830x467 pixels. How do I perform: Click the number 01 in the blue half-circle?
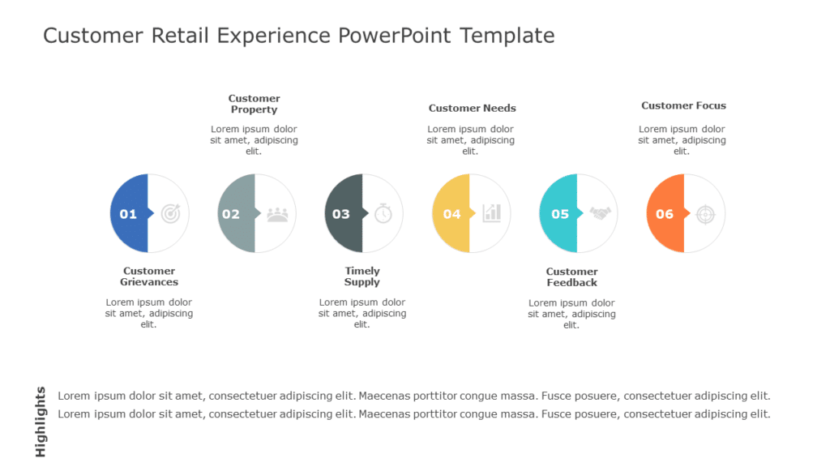pyautogui.click(x=128, y=214)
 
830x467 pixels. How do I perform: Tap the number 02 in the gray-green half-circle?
pyautogui.click(x=231, y=214)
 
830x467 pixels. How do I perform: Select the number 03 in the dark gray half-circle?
pyautogui.click(x=341, y=214)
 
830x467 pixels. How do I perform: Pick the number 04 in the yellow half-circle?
pyautogui.click(x=451, y=214)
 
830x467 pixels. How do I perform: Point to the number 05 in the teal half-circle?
pyautogui.click(x=560, y=214)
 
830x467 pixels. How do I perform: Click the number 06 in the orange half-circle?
pyautogui.click(x=665, y=214)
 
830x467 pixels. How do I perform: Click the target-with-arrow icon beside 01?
pyautogui.click(x=171, y=213)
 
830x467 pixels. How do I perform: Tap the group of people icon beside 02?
pyautogui.click(x=278, y=213)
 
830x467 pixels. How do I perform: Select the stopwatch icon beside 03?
pyautogui.click(x=383, y=213)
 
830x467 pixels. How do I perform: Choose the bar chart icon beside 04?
pyautogui.click(x=491, y=213)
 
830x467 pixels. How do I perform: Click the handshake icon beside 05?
pyautogui.click(x=600, y=213)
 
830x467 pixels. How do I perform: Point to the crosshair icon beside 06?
pyautogui.click(x=706, y=213)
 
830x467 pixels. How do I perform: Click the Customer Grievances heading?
pyautogui.click(x=149, y=276)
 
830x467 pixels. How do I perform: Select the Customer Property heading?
pyautogui.click(x=254, y=104)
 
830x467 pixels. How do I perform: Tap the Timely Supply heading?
pyautogui.click(x=362, y=276)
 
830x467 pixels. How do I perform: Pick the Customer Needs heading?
pyautogui.click(x=472, y=108)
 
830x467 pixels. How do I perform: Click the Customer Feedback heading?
pyautogui.click(x=571, y=277)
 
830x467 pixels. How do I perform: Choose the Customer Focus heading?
pyautogui.click(x=683, y=105)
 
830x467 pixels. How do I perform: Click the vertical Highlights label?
pyautogui.click(x=41, y=422)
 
